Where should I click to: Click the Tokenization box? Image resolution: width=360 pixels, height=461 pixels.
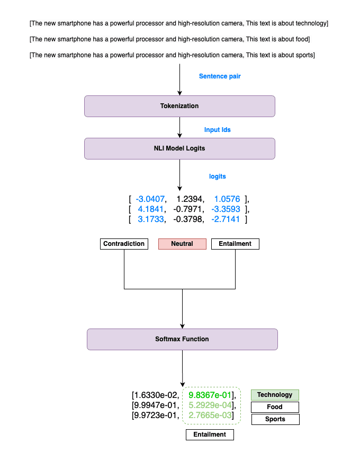(179, 106)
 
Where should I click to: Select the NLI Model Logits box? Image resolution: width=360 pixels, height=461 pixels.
(179, 148)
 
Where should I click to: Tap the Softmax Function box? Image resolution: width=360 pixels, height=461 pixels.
(182, 339)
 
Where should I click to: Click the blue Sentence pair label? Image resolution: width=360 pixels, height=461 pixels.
(220, 76)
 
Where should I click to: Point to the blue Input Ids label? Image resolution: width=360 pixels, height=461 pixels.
(218, 130)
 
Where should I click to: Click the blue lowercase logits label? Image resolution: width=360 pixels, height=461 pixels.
(218, 176)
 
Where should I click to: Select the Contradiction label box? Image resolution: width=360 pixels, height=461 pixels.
(124, 244)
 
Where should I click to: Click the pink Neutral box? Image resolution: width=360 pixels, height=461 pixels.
(182, 244)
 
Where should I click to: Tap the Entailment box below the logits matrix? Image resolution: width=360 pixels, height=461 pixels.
(235, 244)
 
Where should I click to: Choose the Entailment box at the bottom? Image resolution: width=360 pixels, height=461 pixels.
(210, 435)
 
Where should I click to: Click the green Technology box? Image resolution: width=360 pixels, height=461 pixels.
(275, 395)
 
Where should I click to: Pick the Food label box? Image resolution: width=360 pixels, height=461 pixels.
(275, 407)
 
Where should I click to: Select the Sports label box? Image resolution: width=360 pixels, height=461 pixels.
(275, 419)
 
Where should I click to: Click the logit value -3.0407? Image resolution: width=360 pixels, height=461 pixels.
(150, 199)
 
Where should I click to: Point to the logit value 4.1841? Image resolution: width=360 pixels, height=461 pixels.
(151, 209)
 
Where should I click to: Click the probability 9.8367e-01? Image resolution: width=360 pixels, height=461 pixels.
(211, 395)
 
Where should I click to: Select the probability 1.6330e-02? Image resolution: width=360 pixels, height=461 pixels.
(155, 395)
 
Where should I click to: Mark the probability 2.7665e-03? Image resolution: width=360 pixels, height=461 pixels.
(211, 415)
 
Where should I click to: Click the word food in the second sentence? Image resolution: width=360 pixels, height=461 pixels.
(303, 39)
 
